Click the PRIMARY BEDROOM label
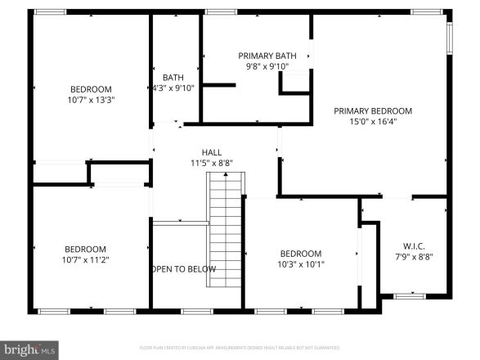(372, 110)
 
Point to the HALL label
(212, 151)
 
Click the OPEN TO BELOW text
(184, 269)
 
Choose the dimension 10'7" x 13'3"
(90, 101)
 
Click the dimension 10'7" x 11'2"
(87, 260)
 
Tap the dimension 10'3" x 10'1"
(301, 264)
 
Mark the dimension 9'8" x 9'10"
(267, 67)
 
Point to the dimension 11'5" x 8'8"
(212, 163)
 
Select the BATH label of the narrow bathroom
(173, 78)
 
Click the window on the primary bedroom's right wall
(449, 37)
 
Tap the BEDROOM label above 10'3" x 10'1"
(301, 253)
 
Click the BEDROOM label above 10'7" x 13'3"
(90, 89)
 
